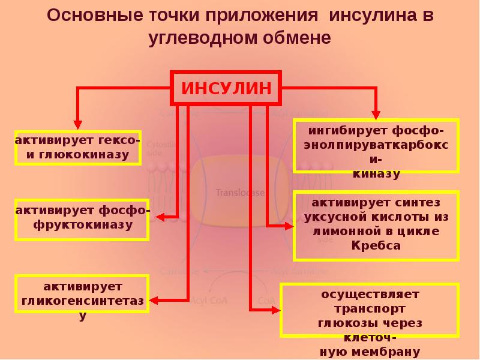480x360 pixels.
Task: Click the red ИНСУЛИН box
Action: (226, 89)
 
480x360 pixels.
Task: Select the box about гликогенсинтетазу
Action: (82, 295)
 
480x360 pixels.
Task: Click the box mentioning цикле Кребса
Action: (376, 226)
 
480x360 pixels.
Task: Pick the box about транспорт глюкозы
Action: (370, 310)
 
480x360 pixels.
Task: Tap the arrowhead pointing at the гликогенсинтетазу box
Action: (153, 299)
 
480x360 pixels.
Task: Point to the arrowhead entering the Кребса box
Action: (289, 226)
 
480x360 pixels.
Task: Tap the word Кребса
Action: (376, 245)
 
